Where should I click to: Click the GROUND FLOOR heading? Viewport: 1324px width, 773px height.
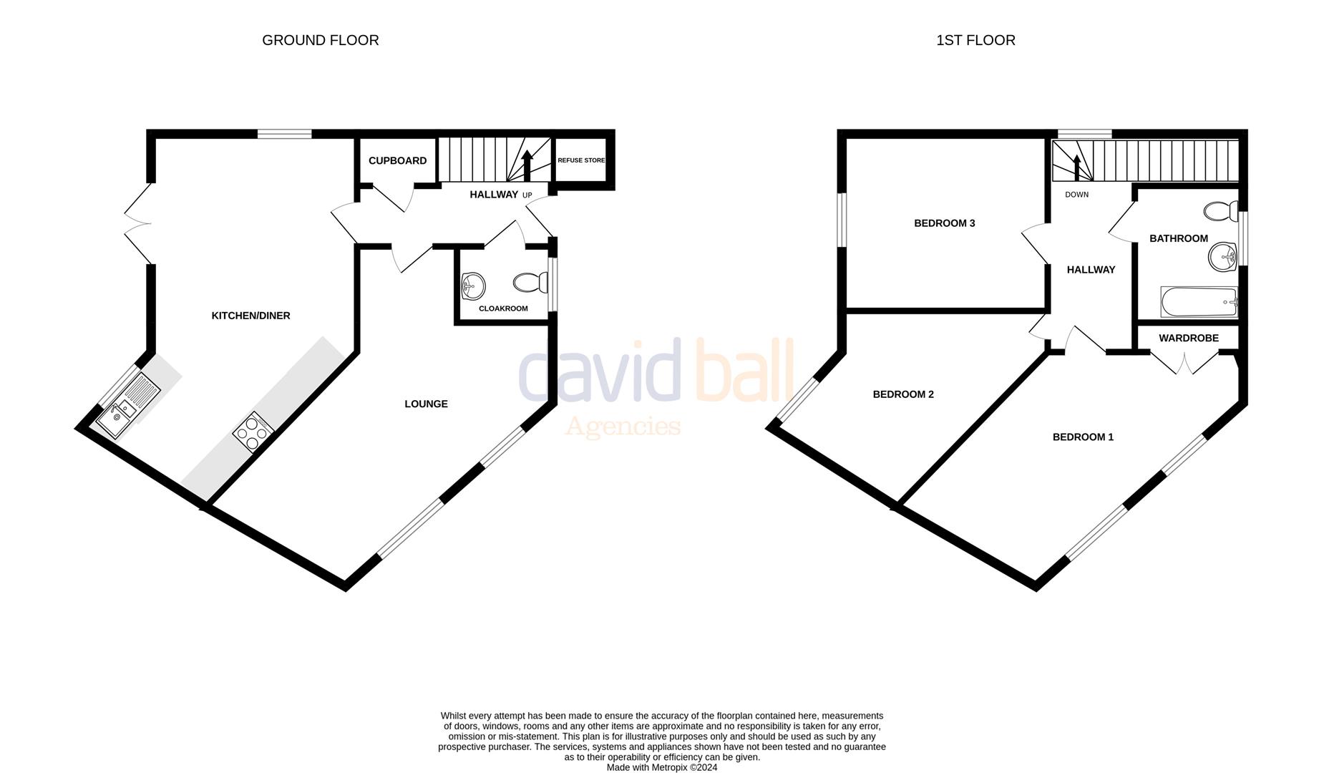320,41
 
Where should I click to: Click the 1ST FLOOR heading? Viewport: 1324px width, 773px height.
975,41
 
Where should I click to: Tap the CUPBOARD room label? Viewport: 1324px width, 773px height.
397,161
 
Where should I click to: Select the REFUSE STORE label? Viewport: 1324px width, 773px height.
581,160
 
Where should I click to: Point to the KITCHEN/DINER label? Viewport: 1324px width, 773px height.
250,316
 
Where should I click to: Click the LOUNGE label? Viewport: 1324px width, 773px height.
426,404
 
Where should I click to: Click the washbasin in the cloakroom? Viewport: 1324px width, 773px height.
473,286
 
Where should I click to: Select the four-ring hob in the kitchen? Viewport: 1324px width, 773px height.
253,432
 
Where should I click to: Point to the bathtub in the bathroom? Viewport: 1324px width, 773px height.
1199,302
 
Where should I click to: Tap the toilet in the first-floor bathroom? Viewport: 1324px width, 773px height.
1221,211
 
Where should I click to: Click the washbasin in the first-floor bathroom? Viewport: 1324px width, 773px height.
1223,256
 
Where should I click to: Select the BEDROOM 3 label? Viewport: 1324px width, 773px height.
944,223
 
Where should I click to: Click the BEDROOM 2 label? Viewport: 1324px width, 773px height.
902,394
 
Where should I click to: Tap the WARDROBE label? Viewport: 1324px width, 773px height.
1188,338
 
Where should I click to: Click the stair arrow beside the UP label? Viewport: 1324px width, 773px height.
527,165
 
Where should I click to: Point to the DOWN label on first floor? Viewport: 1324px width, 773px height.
1076,195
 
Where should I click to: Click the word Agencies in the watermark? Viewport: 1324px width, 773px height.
623,427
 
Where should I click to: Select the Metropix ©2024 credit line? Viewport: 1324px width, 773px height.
661,767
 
